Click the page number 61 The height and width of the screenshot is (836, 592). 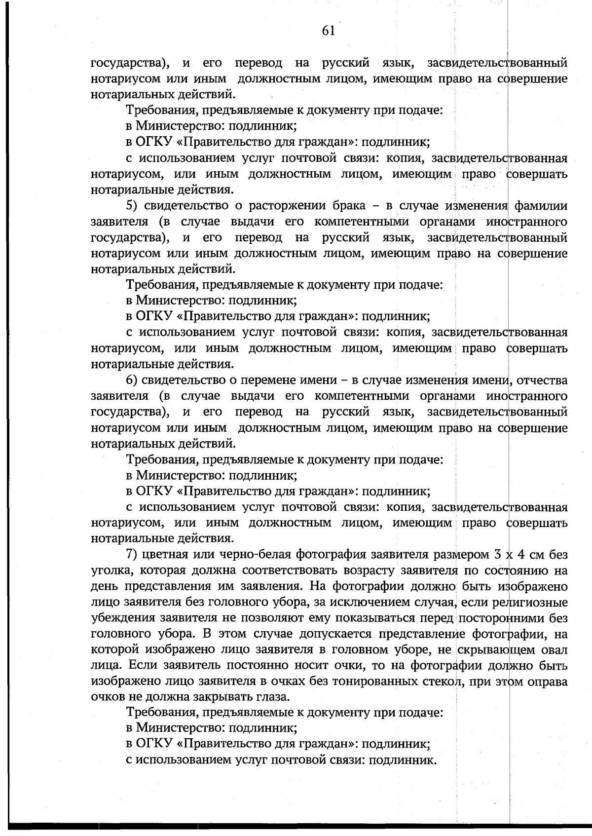328,31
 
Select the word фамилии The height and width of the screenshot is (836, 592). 541,206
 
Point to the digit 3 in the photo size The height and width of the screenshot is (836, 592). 497,555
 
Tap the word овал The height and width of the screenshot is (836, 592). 554,650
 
